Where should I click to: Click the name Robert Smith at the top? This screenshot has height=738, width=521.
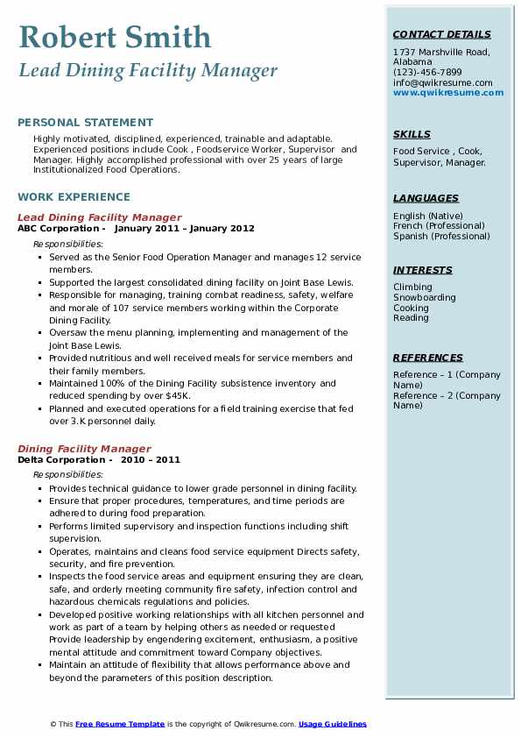(114, 37)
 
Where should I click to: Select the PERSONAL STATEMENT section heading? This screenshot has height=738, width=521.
(85, 123)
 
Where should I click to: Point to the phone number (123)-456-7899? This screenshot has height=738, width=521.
(427, 73)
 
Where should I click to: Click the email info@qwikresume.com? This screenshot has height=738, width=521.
(442, 82)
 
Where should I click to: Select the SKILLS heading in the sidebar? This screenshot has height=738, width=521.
(412, 134)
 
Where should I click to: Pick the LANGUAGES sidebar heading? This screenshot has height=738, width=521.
(426, 198)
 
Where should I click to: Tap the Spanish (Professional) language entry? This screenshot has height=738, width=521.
(441, 236)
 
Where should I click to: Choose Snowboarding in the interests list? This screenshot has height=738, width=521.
(424, 297)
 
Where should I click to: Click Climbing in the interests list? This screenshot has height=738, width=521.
(412, 287)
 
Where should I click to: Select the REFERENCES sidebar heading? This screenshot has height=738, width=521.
(428, 358)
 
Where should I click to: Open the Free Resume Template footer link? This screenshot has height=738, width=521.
(120, 724)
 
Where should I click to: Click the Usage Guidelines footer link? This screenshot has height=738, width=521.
(333, 724)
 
